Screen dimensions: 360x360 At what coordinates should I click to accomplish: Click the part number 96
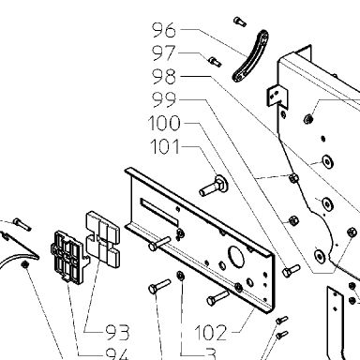pos(164,30)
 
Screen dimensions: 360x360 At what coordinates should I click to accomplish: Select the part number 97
pos(164,53)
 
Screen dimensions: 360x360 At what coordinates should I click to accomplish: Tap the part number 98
pos(164,77)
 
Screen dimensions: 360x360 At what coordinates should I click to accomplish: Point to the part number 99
pos(164,99)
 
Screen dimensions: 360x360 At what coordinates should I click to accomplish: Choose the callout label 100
pos(164,123)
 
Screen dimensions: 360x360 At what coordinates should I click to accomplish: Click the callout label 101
pos(165,146)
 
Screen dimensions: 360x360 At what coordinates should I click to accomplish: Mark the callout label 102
pos(210,332)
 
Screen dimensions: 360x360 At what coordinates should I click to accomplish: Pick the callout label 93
pos(117,332)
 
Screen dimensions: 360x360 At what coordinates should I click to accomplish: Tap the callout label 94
pos(117,353)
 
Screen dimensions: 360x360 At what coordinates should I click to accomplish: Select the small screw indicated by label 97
pos(215,61)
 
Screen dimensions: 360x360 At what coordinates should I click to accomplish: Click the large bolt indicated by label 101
pos(214,186)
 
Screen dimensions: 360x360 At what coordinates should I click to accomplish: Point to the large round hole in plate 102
pos(236,256)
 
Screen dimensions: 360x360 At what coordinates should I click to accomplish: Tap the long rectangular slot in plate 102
pos(159,211)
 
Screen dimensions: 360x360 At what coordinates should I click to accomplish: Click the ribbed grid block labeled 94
pos(67,257)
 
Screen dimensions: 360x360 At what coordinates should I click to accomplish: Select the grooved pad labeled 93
pos(102,239)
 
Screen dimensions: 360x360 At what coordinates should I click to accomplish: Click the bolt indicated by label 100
pos(292,271)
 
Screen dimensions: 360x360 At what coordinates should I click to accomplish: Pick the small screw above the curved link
pos(240,22)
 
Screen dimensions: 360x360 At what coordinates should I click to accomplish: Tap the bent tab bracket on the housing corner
pos(277,96)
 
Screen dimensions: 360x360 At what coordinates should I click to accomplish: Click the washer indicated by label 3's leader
pos(180,276)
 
